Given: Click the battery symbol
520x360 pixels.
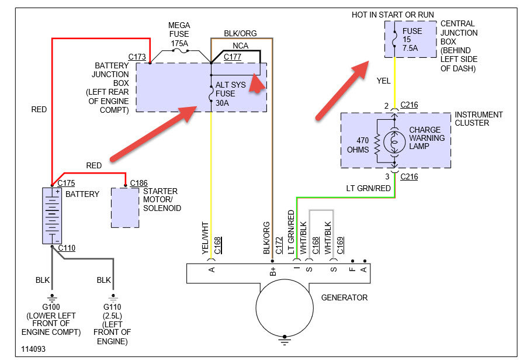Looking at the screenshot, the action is point(52,216).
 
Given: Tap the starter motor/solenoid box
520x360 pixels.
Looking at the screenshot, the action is point(125,207).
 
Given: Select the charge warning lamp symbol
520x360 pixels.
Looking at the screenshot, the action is point(394,141).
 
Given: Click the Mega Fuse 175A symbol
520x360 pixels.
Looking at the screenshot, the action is point(181,51).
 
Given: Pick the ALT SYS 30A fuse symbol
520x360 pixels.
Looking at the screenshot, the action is point(211,94).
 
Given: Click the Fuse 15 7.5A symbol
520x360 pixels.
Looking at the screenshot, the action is point(394,39).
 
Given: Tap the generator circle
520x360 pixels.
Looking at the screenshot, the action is point(285,307).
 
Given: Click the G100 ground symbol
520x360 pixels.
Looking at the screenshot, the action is point(52,297).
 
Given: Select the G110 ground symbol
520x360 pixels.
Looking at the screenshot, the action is point(113,297).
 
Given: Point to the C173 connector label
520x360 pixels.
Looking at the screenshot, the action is point(137,57).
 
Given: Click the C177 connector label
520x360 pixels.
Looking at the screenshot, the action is point(232,57).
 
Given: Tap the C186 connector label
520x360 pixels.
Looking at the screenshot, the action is point(138,183).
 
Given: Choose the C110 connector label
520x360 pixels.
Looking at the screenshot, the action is point(67,248).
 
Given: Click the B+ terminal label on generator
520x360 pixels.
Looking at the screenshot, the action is point(273,271).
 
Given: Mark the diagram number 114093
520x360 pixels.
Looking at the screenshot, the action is point(33,349).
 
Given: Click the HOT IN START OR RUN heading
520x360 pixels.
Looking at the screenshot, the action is point(393,15).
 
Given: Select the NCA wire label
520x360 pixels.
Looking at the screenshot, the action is point(241,46).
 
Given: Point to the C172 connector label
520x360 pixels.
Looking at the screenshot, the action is point(279,245).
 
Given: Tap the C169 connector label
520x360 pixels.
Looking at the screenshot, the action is point(340,245).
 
